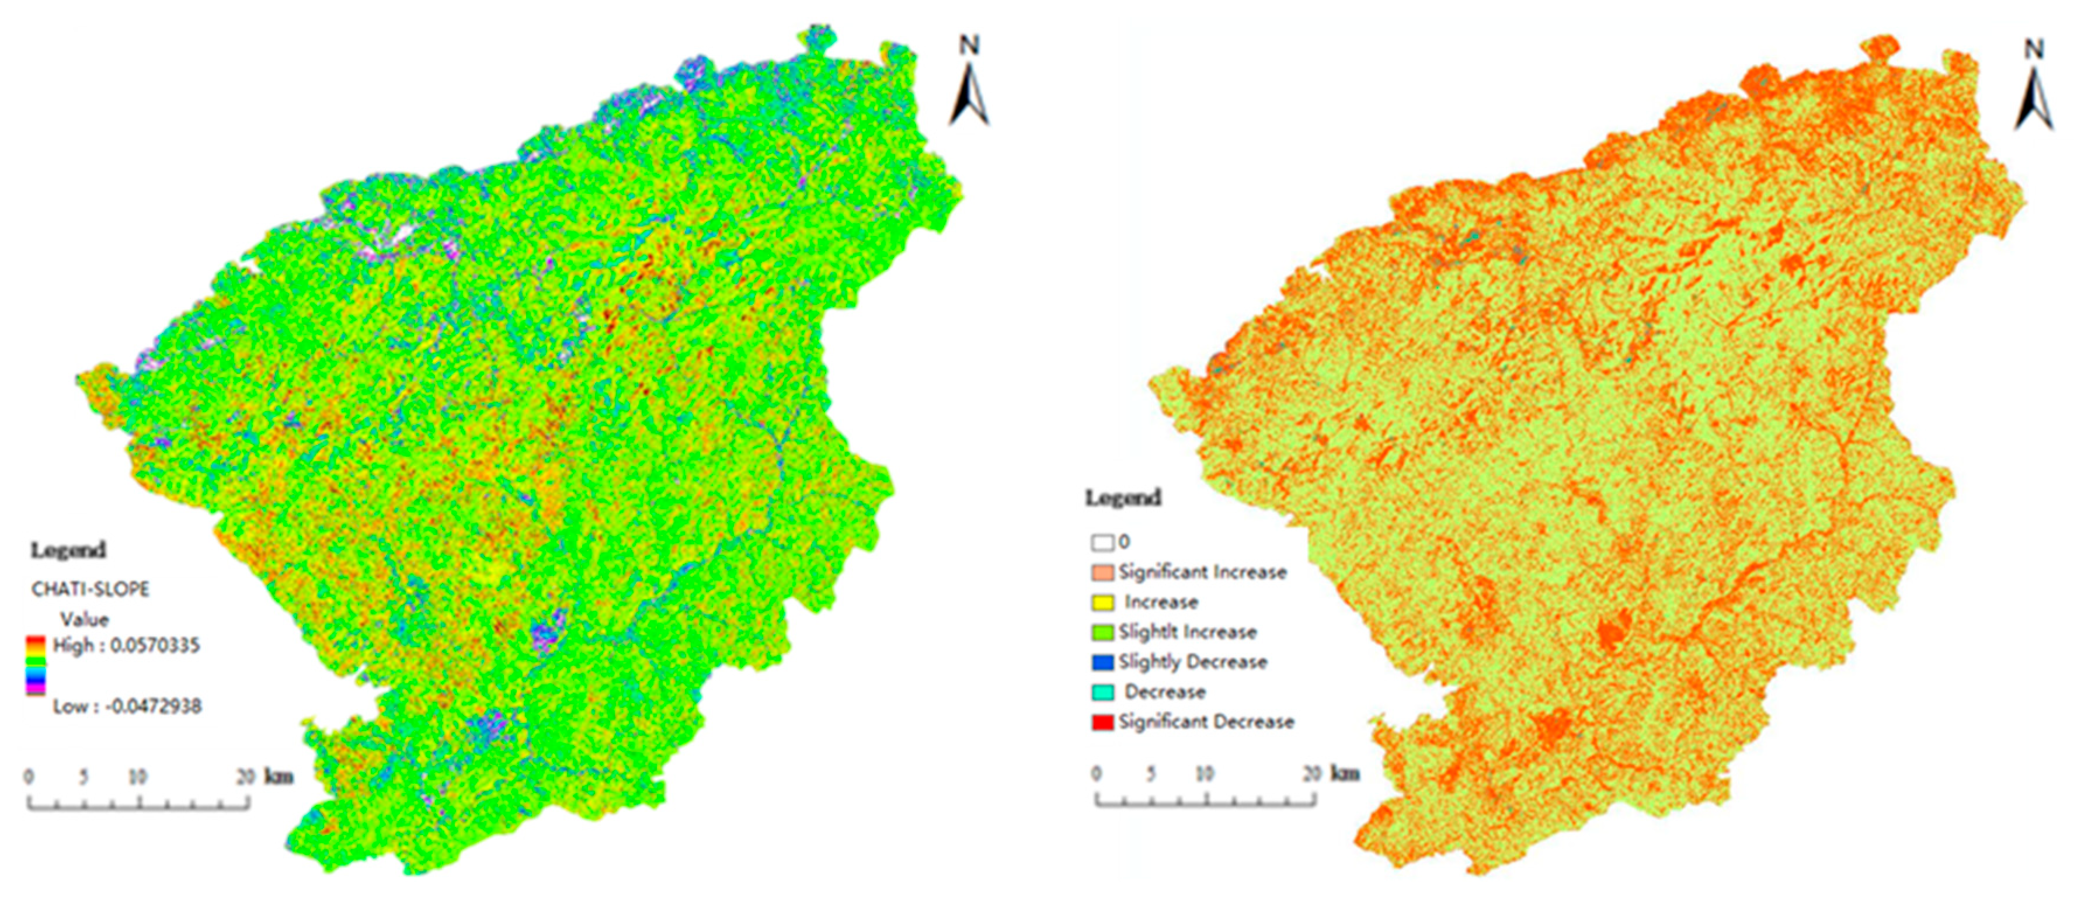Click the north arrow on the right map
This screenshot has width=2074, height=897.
click(2034, 89)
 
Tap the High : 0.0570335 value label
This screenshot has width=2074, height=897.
click(126, 646)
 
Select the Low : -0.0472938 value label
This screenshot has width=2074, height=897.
click(127, 707)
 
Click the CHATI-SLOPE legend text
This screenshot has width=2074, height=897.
click(90, 589)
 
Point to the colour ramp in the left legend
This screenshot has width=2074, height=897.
click(36, 665)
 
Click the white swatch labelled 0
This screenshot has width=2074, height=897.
click(1102, 543)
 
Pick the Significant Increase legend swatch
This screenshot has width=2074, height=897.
click(1102, 572)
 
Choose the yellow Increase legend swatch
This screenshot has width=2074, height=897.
click(1102, 602)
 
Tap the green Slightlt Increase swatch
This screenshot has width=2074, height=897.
click(1102, 632)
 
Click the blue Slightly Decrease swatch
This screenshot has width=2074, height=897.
click(1102, 662)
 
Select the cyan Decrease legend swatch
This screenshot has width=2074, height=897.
click(1102, 691)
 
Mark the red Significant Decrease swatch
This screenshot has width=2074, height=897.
click(1102, 721)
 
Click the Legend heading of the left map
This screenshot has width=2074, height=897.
click(68, 551)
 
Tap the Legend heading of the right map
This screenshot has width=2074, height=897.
click(1123, 498)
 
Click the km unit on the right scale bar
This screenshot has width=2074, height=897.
click(1345, 774)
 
